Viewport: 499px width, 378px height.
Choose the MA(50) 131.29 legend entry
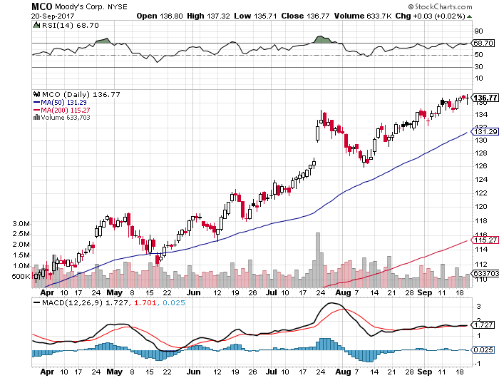[x=65, y=101]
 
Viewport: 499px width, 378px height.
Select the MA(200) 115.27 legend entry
[x=67, y=109]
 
